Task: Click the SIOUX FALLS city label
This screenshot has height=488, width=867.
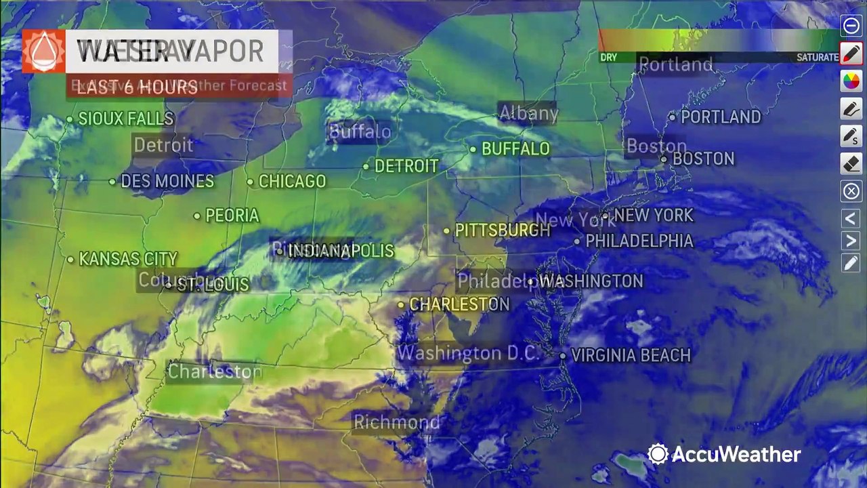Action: pos(126,119)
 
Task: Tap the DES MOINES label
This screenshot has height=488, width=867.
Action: pos(167,182)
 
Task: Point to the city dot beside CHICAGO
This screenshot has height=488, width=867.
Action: pos(250,182)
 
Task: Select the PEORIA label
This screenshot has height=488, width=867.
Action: pos(232,216)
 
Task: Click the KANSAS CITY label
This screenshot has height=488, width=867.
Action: pos(128,259)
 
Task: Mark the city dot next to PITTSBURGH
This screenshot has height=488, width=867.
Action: pos(446,230)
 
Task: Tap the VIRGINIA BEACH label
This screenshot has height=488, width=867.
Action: pos(631,355)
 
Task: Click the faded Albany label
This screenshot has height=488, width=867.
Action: pos(528,113)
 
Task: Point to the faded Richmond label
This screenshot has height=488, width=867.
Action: pos(397,422)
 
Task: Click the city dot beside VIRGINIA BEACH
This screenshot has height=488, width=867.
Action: pos(562,355)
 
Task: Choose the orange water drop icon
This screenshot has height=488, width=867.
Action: pos(43,51)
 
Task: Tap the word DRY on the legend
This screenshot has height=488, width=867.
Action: pos(608,58)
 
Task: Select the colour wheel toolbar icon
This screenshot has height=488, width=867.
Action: pos(851,81)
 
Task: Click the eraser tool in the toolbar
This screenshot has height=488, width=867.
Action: pos(851,163)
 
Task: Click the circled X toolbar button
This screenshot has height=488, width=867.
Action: pos(851,191)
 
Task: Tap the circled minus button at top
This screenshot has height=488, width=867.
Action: pos(851,26)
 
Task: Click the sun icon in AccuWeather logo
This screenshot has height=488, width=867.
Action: pos(658,454)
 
